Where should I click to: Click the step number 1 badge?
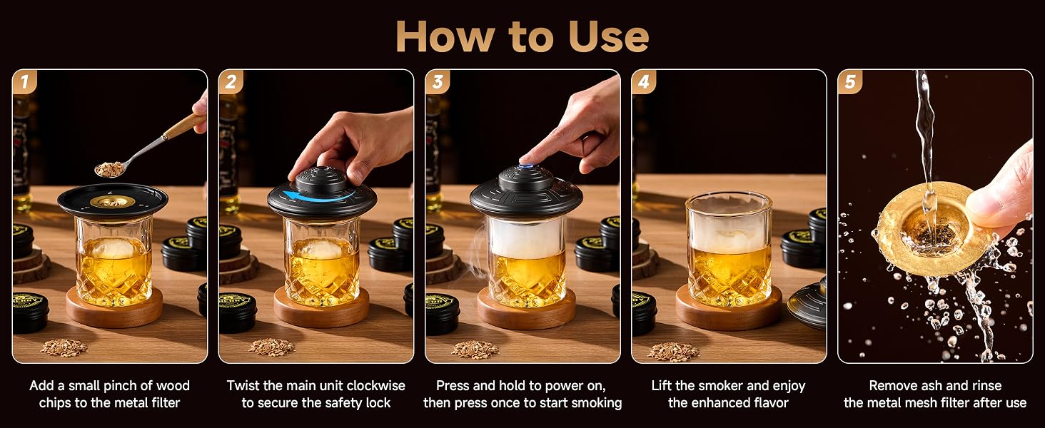25,82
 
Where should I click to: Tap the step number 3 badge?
438,82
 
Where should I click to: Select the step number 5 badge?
850,82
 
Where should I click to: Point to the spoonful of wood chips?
110,169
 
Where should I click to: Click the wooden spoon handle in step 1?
184,126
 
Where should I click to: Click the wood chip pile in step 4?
673,351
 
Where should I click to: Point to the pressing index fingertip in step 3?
524,159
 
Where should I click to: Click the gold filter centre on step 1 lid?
112,201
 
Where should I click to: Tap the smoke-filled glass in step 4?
729,250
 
